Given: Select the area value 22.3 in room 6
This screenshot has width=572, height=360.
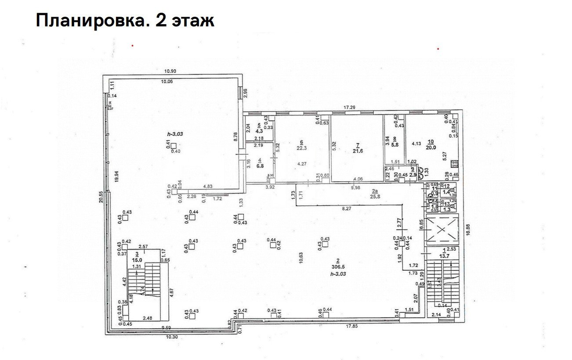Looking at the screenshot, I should click(x=301, y=148).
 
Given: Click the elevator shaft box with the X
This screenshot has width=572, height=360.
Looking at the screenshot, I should click(x=442, y=230).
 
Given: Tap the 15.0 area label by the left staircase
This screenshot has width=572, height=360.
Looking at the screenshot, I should click(x=138, y=259).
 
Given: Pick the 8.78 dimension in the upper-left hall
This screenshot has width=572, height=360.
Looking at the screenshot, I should click(x=236, y=137).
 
